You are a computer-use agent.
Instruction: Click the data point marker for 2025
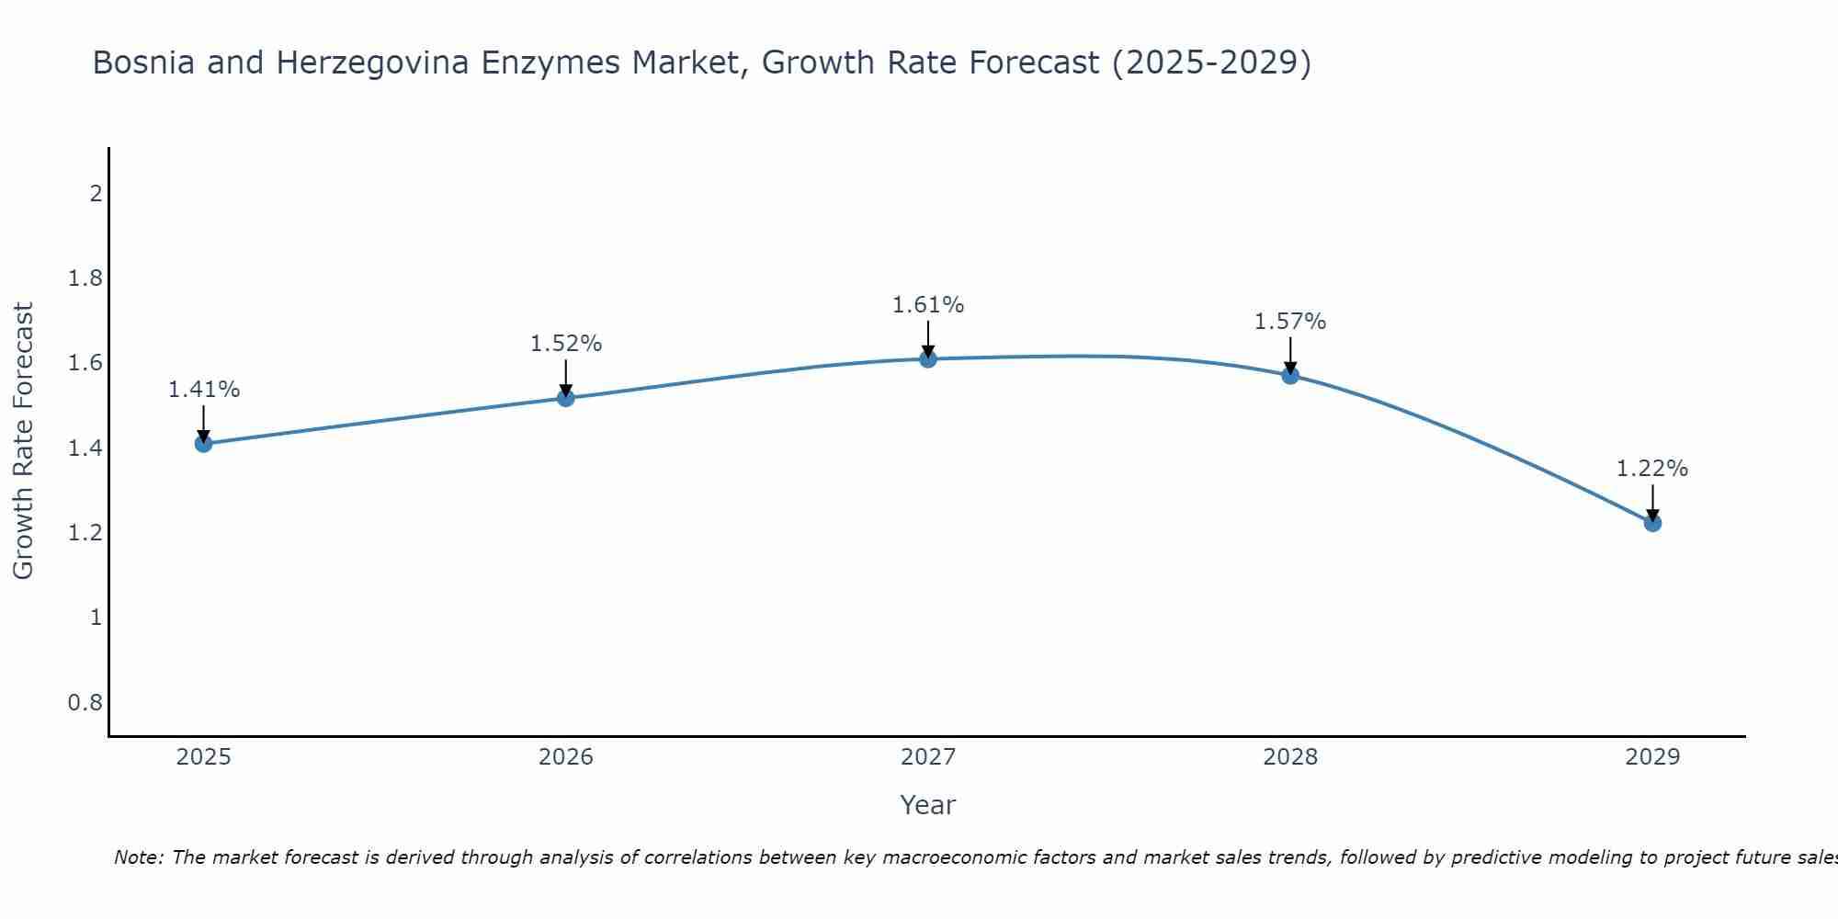tap(203, 444)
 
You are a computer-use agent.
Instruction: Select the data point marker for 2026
tap(566, 398)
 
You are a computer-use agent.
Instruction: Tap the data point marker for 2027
tap(928, 359)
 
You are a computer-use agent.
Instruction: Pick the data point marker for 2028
tap(1290, 375)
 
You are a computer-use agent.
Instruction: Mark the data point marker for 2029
tap(1652, 523)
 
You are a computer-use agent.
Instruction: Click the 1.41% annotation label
tap(203, 390)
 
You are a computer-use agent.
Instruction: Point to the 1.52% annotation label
tap(566, 344)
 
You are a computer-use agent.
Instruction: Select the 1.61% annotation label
tap(928, 305)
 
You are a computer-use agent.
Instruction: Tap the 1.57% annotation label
tap(1290, 322)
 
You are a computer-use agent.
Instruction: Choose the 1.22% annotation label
tap(1652, 469)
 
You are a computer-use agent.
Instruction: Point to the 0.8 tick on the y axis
tap(85, 703)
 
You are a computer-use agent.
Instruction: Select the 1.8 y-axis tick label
tap(85, 278)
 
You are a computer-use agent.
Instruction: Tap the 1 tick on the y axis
tap(95, 618)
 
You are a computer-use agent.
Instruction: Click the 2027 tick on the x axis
tap(928, 757)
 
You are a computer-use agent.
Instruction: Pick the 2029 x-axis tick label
tap(1652, 757)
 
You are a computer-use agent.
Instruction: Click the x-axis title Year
tap(928, 805)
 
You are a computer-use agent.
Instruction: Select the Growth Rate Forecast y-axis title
tap(23, 441)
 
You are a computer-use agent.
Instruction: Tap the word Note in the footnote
tap(137, 857)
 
